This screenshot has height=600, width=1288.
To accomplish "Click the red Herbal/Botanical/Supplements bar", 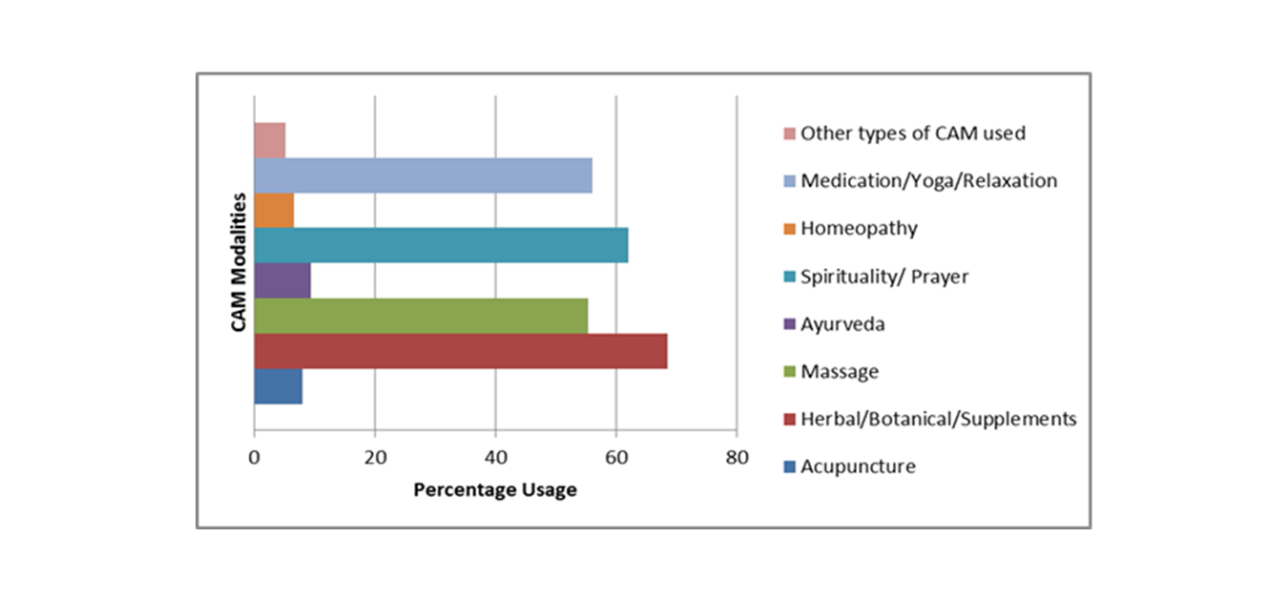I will click(460, 351).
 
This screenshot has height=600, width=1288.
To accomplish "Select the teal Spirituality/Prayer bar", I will click(441, 245).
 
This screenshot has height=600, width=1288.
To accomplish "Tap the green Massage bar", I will click(421, 316).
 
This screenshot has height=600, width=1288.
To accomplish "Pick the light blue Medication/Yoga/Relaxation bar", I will click(423, 176).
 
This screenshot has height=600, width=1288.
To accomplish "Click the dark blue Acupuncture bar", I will click(278, 386).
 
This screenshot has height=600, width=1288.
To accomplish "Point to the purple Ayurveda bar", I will click(282, 280).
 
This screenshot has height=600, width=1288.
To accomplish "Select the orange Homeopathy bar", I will click(274, 210).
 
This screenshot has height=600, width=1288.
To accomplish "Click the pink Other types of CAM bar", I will click(270, 140).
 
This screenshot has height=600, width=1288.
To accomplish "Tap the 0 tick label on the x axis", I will click(255, 457).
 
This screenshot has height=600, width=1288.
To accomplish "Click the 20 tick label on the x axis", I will click(375, 457).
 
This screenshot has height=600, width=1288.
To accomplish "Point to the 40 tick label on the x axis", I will click(495, 457).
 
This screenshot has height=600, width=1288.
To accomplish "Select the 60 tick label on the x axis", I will click(616, 457).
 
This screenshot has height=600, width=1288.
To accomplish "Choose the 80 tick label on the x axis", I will click(737, 457).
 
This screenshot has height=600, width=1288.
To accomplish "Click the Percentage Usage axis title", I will click(494, 490).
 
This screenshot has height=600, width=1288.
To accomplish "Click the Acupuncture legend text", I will click(858, 466).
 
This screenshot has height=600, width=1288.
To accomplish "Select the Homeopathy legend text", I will click(859, 228).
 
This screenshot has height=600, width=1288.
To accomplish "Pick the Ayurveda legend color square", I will click(788, 324).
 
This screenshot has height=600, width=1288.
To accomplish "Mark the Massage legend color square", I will click(788, 372).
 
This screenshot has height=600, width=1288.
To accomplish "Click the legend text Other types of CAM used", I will click(913, 133).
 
